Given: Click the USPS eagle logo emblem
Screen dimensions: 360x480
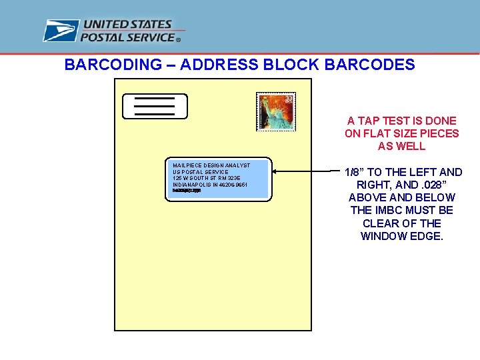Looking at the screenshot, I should (x=61, y=31).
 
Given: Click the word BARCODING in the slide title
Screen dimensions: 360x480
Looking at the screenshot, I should (x=113, y=65).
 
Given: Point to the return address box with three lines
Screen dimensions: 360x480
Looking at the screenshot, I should (x=155, y=106).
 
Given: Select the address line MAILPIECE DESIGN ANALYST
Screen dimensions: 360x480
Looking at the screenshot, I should (x=211, y=165).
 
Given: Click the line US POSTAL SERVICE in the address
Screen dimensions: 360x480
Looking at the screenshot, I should (x=200, y=172).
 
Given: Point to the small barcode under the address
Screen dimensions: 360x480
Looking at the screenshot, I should (x=186, y=191).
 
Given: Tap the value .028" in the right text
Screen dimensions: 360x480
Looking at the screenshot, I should (x=440, y=185).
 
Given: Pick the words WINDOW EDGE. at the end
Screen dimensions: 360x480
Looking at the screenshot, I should (x=402, y=236).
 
